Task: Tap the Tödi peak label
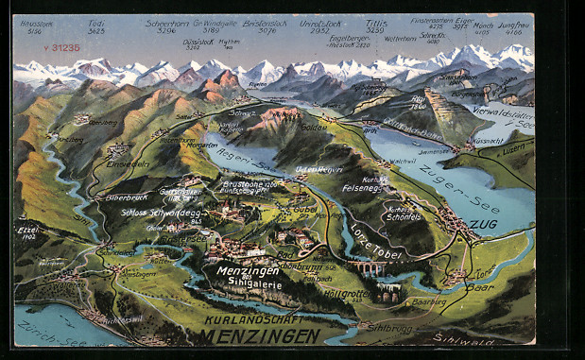(95, 24)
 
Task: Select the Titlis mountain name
(375, 23)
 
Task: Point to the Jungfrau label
(513, 25)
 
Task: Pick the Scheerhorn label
(165, 23)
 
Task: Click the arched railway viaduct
(370, 270)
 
